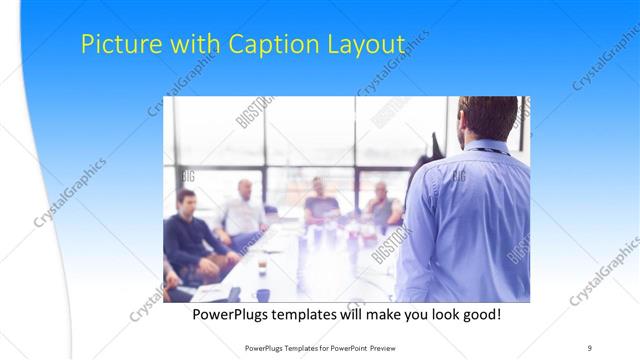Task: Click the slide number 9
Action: point(590,347)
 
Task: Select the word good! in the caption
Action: point(478,315)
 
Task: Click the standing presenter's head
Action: point(487,117)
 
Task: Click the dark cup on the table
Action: point(262,293)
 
